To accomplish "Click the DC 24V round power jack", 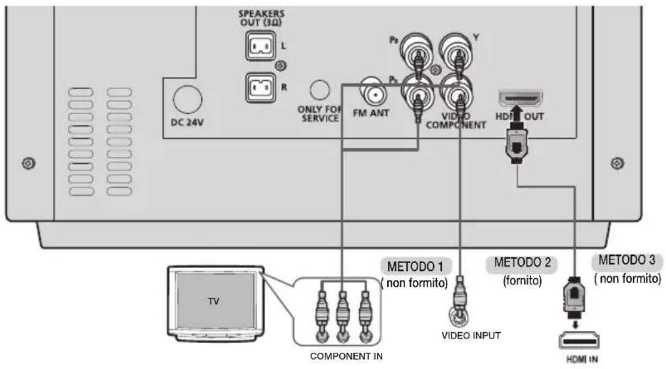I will click(186, 98).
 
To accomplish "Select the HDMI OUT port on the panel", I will click(520, 98).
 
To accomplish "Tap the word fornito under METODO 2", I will click(518, 280).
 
